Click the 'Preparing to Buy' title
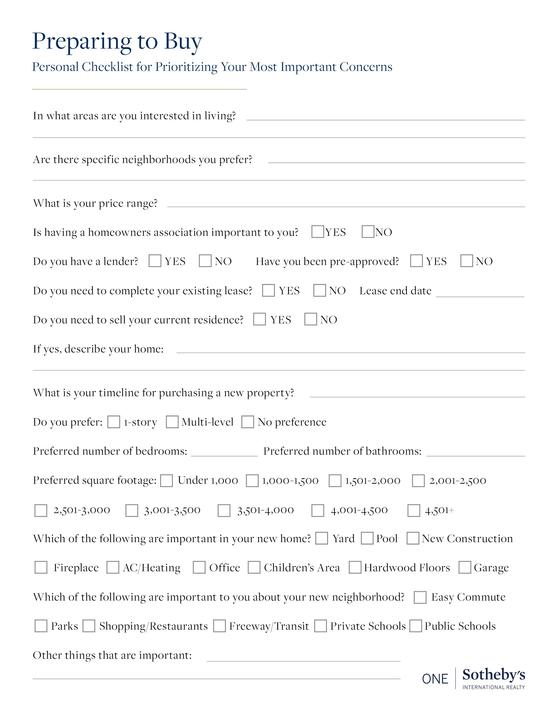117,42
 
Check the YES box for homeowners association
318,232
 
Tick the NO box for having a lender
205,261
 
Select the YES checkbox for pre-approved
416,261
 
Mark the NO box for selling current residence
311,319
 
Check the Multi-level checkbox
172,422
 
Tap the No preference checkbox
247,422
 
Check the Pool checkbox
367,538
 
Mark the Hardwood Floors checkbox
355,568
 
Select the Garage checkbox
464,568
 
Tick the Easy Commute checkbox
420,597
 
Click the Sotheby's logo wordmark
493,675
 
